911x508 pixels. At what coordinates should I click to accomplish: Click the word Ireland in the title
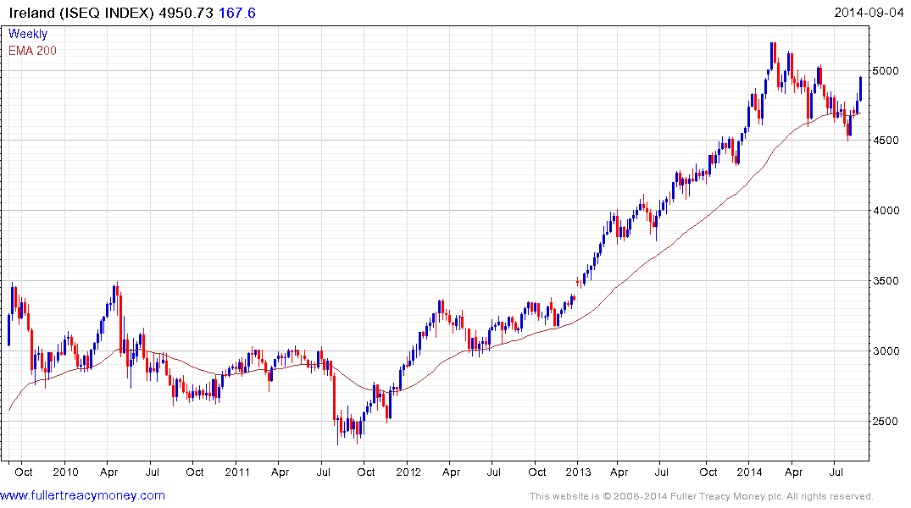tap(31, 13)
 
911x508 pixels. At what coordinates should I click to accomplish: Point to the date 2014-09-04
tap(868, 13)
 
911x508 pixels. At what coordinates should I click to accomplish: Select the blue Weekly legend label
tap(28, 34)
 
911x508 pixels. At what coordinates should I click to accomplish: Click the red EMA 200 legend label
tap(32, 51)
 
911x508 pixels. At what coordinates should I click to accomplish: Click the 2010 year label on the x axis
tap(65, 472)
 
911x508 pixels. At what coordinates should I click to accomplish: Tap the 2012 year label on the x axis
tap(408, 472)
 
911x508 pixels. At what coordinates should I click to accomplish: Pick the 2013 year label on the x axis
tap(578, 472)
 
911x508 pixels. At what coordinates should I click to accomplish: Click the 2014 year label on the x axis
tap(750, 472)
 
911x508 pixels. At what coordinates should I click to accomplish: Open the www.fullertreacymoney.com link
tap(83, 495)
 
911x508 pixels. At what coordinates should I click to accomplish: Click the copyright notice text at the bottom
tap(701, 496)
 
